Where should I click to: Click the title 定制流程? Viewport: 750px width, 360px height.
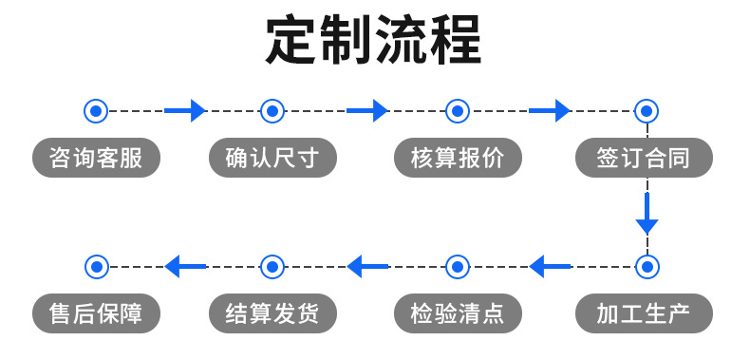tap(374, 40)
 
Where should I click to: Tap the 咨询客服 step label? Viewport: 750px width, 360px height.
tap(96, 158)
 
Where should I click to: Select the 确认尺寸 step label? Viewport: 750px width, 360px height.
tap(272, 158)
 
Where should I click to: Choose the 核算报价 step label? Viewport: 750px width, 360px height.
tap(457, 158)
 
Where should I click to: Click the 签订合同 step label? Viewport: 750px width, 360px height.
tap(644, 158)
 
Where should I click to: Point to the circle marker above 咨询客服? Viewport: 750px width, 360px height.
tap(96, 111)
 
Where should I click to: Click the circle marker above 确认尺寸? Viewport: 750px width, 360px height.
tap(272, 111)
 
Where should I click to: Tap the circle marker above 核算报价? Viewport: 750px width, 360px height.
tap(457, 111)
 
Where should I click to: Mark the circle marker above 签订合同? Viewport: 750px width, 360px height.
tap(647, 111)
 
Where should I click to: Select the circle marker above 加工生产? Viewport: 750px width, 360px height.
tap(647, 267)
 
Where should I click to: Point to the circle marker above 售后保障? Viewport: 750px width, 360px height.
tap(96, 267)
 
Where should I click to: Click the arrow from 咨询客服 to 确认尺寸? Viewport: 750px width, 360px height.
tap(185, 111)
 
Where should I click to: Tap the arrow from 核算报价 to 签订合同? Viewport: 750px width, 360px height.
tap(550, 111)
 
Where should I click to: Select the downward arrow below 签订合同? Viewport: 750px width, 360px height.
tap(647, 214)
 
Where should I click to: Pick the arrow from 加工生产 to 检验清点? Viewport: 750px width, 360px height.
tap(550, 267)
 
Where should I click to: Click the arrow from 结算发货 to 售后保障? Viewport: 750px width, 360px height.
tap(185, 267)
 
